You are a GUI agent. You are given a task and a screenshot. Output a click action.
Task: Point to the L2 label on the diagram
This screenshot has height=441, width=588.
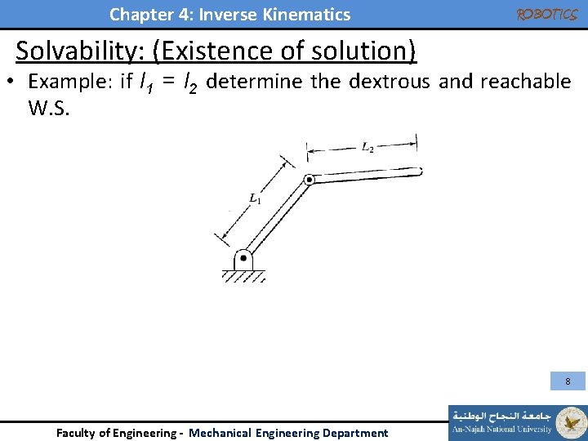coord(367,148)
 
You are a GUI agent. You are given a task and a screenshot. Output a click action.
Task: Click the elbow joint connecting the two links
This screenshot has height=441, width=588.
coord(309,180)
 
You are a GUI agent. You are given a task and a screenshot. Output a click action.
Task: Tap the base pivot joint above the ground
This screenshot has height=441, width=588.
coord(243,258)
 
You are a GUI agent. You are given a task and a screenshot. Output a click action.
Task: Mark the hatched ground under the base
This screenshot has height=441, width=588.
coord(243,277)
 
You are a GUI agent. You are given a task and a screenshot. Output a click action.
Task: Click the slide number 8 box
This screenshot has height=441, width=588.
coord(568,381)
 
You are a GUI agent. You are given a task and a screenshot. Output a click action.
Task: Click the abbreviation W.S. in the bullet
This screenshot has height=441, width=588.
coord(49,108)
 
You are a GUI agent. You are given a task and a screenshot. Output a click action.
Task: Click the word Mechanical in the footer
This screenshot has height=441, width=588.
coord(220,433)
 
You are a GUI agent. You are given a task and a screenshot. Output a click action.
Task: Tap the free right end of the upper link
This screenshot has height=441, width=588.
coord(417,171)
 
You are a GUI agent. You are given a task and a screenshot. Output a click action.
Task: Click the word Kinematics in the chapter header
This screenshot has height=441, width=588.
coord(316,14)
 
